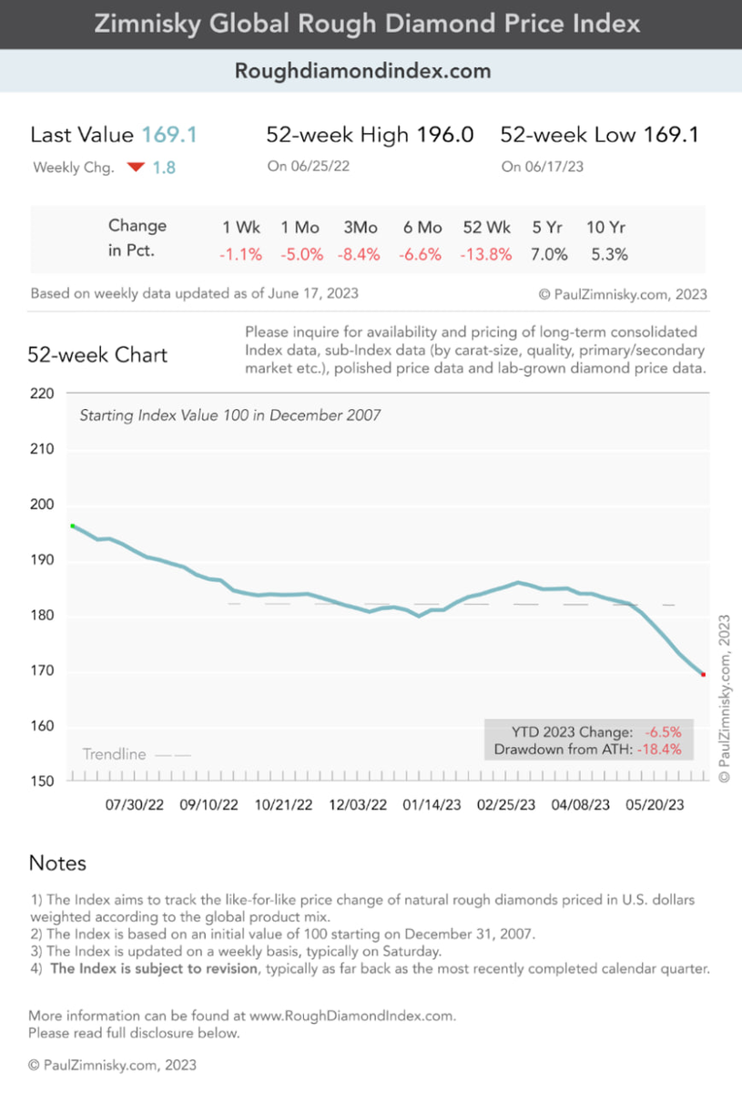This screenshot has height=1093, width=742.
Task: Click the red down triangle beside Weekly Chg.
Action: click(x=136, y=168)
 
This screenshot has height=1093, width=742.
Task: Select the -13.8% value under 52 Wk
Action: click(x=487, y=255)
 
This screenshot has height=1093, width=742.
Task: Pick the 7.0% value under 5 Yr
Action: click(x=549, y=255)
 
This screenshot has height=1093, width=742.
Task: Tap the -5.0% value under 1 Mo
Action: click(x=301, y=255)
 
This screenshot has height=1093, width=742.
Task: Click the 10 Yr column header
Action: click(x=606, y=227)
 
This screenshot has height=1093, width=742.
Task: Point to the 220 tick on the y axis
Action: click(x=47, y=393)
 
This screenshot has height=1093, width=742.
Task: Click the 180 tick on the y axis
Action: click(x=47, y=616)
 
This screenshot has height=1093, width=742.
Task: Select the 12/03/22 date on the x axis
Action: click(x=358, y=806)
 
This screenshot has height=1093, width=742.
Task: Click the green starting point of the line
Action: click(x=73, y=526)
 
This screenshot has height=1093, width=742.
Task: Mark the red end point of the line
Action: click(x=703, y=674)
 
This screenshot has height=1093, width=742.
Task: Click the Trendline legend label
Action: click(x=114, y=754)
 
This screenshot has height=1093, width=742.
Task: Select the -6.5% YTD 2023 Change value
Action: click(x=662, y=731)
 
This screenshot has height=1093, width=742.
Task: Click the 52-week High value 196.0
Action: click(x=444, y=135)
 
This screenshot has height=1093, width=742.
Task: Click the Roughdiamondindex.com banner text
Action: click(x=363, y=70)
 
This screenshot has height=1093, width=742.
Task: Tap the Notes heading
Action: click(x=57, y=863)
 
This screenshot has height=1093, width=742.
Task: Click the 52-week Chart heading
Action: click(x=97, y=354)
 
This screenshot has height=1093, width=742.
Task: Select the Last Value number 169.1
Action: click(x=169, y=135)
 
